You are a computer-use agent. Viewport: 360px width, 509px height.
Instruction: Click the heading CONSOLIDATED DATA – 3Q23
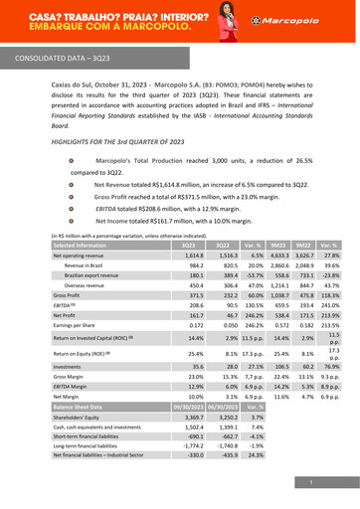(63, 59)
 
